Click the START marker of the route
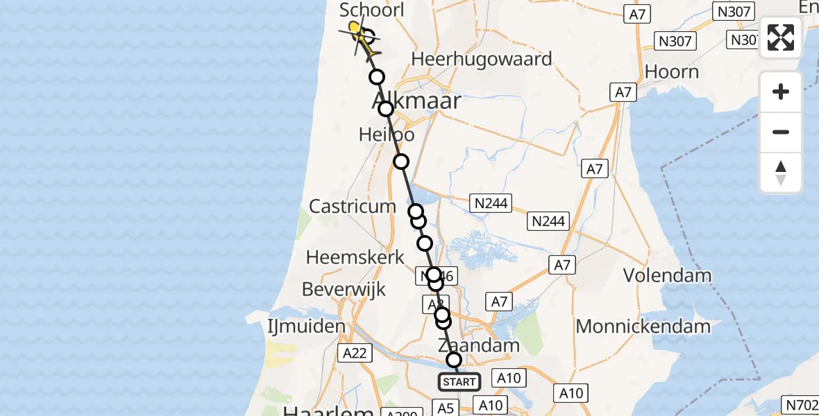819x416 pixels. point(459,382)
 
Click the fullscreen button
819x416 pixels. point(781,37)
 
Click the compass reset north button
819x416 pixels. point(781,173)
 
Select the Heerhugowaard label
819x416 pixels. point(482,59)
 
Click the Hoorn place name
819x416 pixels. point(671,71)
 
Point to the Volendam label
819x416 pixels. point(667,275)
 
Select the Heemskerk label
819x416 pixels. point(355,257)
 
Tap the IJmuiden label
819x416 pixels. point(306,326)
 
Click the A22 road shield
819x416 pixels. point(354,354)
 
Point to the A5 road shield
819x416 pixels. point(445,408)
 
